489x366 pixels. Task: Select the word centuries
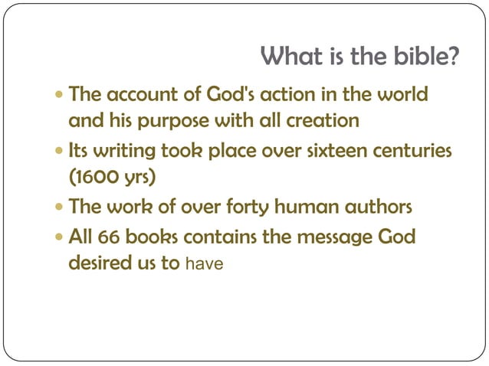pyautogui.click(x=413, y=151)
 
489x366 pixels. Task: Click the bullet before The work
pyautogui.click(x=61, y=207)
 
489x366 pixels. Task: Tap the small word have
pyautogui.click(x=205, y=264)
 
